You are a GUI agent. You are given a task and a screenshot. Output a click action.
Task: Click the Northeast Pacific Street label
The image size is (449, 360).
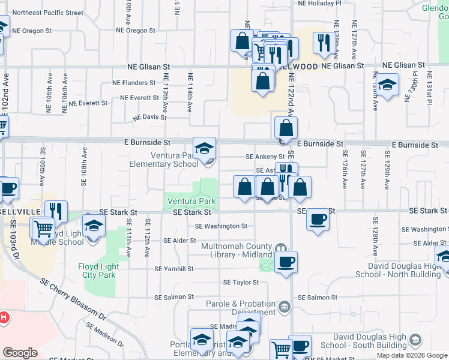47,12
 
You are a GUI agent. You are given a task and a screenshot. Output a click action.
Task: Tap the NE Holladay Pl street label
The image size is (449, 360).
320,3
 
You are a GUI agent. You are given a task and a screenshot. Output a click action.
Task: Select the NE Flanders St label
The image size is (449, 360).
134,82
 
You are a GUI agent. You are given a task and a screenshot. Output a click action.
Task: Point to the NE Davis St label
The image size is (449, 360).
149,117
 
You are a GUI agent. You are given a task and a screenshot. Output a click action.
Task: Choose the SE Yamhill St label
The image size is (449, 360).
173,269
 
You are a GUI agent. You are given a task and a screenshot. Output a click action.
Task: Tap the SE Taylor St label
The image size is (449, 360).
241,282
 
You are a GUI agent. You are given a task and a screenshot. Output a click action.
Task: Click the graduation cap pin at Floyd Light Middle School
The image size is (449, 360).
93,226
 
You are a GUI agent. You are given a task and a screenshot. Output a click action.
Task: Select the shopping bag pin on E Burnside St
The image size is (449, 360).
286,128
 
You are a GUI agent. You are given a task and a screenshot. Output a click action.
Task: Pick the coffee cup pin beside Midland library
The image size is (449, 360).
286,262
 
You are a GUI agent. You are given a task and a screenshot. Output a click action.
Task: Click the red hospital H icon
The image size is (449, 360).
3,317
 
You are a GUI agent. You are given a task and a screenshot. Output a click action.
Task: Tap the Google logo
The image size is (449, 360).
20,353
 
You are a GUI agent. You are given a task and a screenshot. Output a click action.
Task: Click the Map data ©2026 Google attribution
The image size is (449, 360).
412,355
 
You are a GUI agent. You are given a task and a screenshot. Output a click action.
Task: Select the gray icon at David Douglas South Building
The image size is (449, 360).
414,341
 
